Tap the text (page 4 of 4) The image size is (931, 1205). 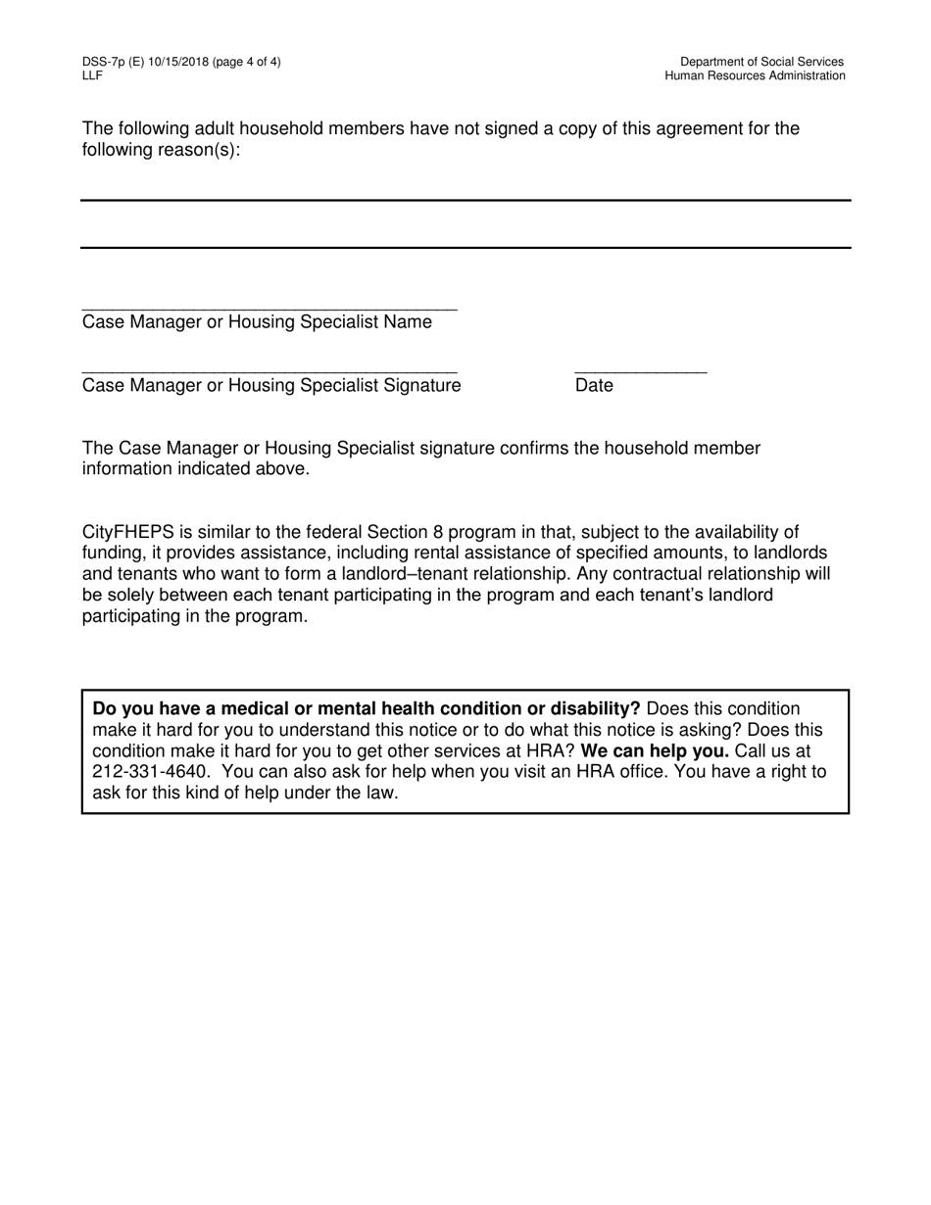pos(245,62)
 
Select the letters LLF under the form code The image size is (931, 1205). pos(92,75)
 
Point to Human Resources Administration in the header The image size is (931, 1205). pos(755,75)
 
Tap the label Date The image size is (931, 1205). pos(594,386)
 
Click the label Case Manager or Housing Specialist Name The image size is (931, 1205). pos(257,322)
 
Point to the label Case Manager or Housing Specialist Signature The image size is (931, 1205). pos(271,386)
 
